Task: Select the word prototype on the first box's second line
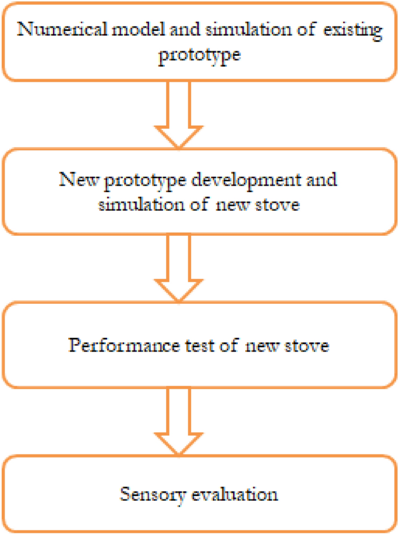[x=200, y=57]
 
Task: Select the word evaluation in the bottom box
[x=233, y=495]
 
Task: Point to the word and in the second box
[x=323, y=179]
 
